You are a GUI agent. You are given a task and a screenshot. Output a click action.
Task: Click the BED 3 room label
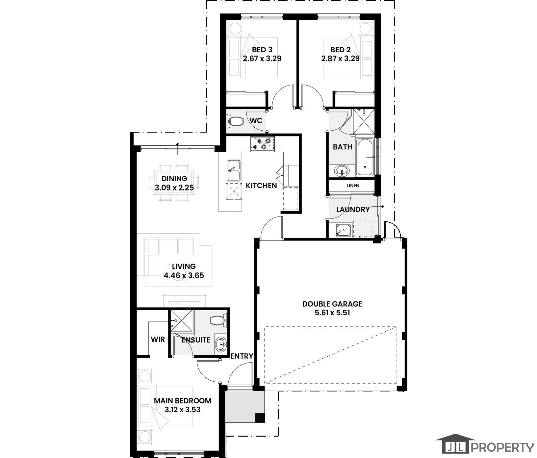(262, 50)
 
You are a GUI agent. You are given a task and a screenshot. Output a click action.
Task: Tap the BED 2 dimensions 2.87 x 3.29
(340, 59)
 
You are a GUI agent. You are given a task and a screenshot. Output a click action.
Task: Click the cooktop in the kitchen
(263, 144)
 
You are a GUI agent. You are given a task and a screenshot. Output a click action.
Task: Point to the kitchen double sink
(234, 170)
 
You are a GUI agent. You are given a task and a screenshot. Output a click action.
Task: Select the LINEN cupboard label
(353, 186)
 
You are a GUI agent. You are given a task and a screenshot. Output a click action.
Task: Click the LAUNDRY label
(353, 210)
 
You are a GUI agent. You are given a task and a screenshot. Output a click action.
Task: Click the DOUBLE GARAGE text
(332, 304)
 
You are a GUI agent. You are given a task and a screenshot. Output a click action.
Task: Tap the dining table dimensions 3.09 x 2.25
(174, 188)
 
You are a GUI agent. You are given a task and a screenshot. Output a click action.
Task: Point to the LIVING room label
(184, 267)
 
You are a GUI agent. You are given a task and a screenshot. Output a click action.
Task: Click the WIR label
(158, 339)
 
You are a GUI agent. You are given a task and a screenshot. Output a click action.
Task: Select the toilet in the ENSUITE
(217, 320)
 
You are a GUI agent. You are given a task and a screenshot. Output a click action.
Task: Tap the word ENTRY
(242, 356)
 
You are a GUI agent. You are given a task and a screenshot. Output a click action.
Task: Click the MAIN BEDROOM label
(183, 401)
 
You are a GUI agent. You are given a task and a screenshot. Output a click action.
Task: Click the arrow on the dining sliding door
(178, 148)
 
